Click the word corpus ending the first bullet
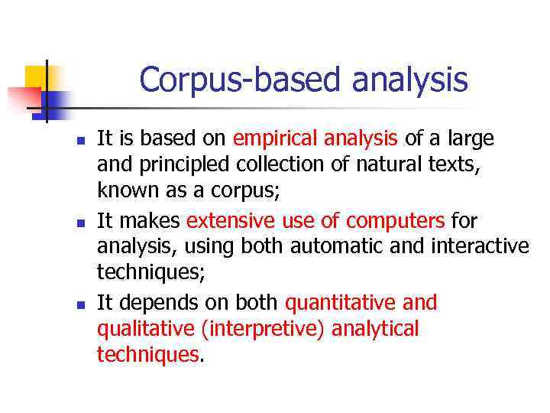click(248, 189)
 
